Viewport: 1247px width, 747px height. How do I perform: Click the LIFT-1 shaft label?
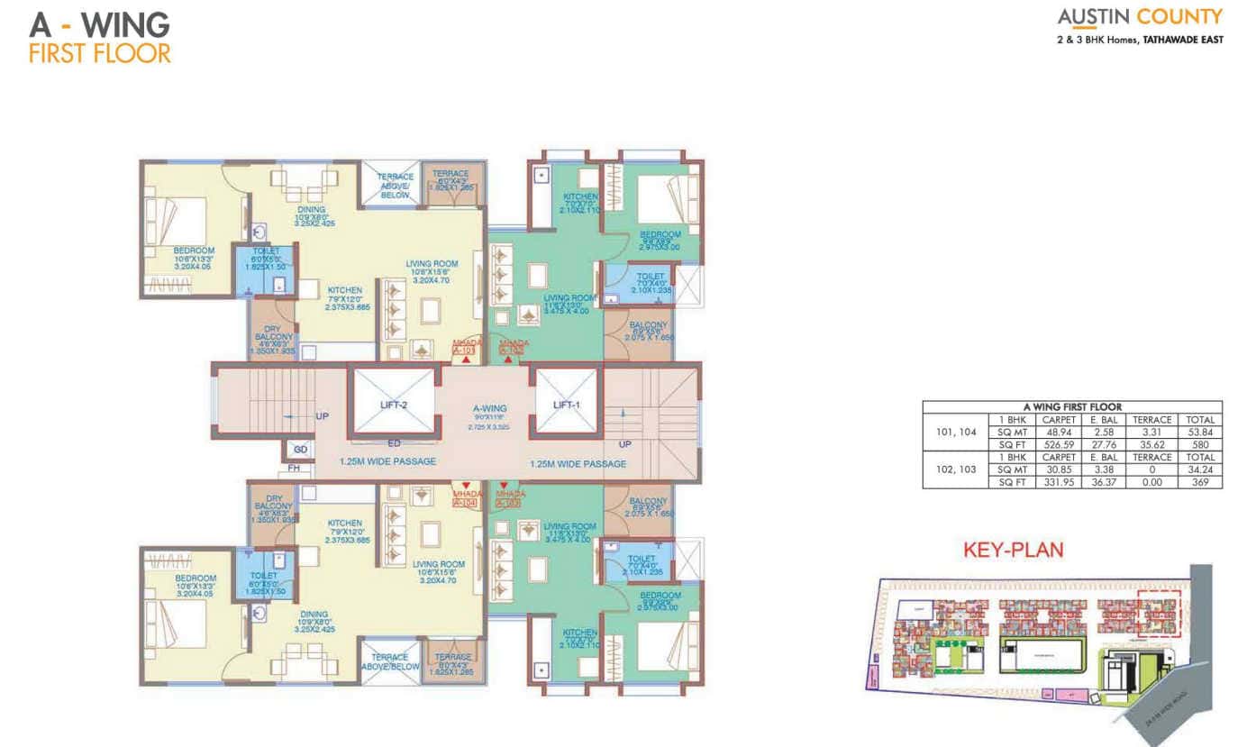pyautogui.click(x=566, y=405)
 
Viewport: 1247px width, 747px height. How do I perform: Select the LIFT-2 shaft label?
pyautogui.click(x=394, y=405)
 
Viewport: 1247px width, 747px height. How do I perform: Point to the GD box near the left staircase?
pyautogui.click(x=300, y=448)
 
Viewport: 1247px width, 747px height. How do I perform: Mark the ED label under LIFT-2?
pyautogui.click(x=394, y=442)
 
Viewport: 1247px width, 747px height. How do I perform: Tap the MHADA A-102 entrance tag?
pyautogui.click(x=512, y=347)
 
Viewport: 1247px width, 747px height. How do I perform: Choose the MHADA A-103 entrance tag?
pyautogui.click(x=512, y=497)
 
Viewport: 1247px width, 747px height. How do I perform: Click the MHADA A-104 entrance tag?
pyautogui.click(x=464, y=497)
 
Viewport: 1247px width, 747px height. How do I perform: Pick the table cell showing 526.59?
pyautogui.click(x=1059, y=444)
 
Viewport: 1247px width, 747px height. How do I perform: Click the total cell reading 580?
pyautogui.click(x=1201, y=444)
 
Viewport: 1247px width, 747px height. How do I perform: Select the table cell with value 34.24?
pyautogui.click(x=1201, y=469)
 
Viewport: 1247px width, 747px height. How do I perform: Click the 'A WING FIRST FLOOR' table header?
pyautogui.click(x=1072, y=406)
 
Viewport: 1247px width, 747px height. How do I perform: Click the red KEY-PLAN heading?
pyautogui.click(x=1013, y=550)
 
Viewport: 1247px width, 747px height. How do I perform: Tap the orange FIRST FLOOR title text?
pyautogui.click(x=99, y=52)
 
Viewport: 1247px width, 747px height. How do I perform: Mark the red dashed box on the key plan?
pyautogui.click(x=1157, y=613)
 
